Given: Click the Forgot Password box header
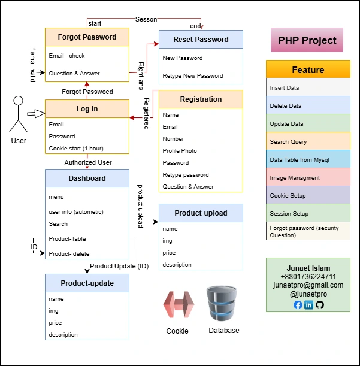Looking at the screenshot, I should [87, 37].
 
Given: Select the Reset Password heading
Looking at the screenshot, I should [201, 40].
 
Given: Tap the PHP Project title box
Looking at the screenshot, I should [307, 41].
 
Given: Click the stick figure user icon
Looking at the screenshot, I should [18, 114].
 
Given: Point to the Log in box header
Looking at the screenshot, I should [87, 109].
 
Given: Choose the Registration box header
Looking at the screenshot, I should [201, 99].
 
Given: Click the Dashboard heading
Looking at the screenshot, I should [87, 178].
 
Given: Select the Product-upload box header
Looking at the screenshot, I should [201, 213].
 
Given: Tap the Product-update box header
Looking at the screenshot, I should [87, 283].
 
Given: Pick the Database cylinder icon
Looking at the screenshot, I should [223, 304].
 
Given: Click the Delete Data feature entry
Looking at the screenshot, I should [308, 105].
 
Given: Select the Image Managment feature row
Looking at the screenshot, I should [308, 177].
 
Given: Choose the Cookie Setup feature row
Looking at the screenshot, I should [308, 195].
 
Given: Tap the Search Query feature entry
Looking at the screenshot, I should [308, 141].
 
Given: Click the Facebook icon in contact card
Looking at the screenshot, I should [298, 305].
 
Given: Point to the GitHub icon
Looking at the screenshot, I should [319, 305].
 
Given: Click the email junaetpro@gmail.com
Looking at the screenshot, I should [308, 285].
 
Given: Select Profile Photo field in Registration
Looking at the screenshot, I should [180, 150].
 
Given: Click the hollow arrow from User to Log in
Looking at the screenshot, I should [36, 114].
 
